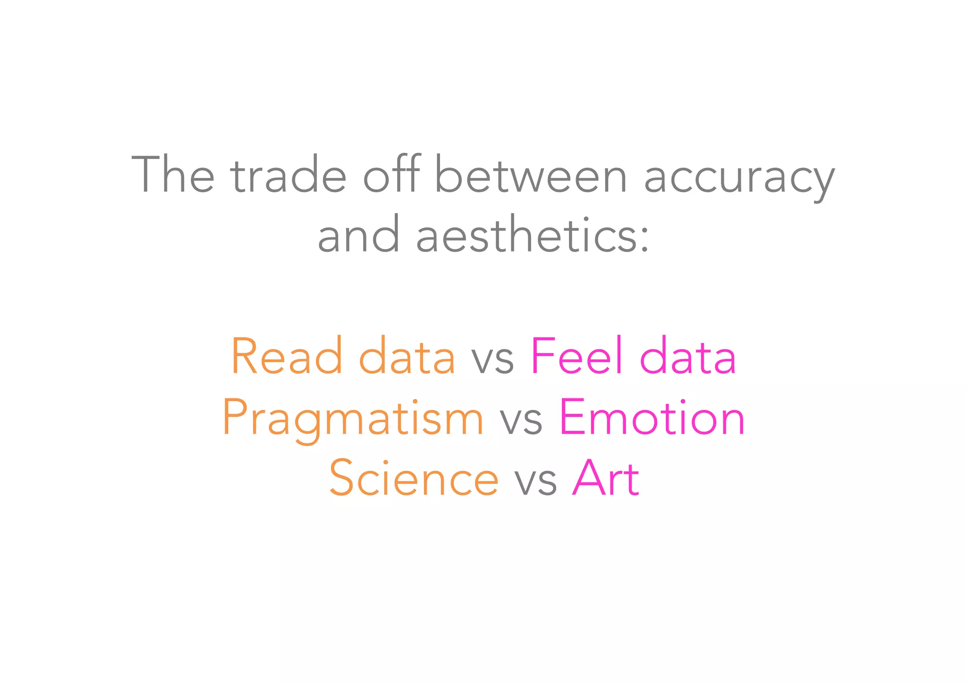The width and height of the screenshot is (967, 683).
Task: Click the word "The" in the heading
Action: pyautogui.click(x=173, y=175)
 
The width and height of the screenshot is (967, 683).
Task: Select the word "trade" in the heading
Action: pyautogui.click(x=288, y=175)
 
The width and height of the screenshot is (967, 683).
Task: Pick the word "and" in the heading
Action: pyautogui.click(x=359, y=235)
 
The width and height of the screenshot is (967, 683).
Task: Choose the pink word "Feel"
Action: pyautogui.click(x=577, y=356)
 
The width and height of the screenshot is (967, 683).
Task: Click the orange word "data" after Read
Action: pyautogui.click(x=407, y=356)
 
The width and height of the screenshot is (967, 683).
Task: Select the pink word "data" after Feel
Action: pyautogui.click(x=687, y=356)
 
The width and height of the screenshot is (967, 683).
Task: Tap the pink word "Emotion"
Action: pyautogui.click(x=652, y=417)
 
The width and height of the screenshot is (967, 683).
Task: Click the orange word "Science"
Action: pyautogui.click(x=414, y=478)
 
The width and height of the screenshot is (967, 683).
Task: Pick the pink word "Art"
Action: pyautogui.click(x=605, y=478)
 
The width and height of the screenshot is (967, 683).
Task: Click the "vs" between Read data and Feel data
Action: pyautogui.click(x=493, y=361)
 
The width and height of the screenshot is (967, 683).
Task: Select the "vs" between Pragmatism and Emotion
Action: pyautogui.click(x=521, y=422)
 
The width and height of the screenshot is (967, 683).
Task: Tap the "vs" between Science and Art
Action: pyautogui.click(x=535, y=482)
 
